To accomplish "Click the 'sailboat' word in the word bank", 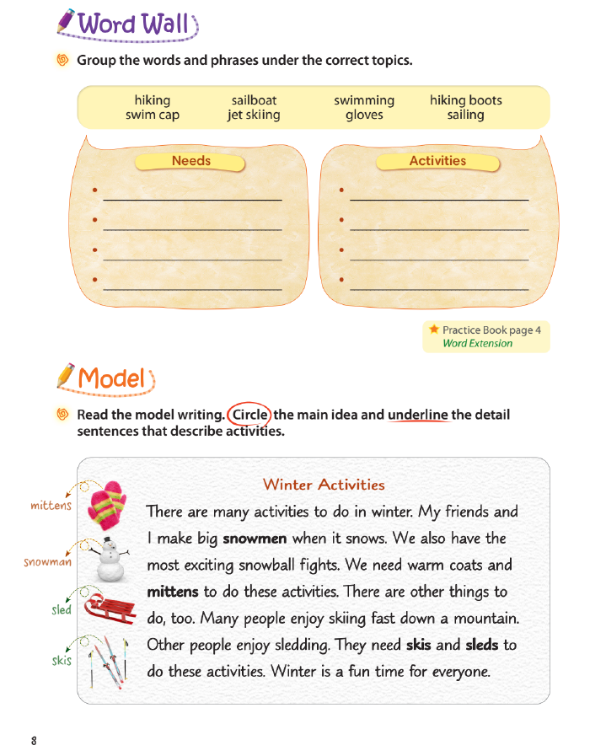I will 254,100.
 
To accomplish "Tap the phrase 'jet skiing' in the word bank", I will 254,115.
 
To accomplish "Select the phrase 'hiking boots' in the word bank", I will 465,100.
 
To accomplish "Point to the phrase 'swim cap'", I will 153,115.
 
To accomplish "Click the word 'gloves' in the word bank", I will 364,115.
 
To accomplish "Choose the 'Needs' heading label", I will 191,161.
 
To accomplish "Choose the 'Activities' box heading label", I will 437,161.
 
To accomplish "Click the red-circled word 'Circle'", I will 249,415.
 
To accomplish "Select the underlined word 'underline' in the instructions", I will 417,415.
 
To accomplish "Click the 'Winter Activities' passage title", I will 324,485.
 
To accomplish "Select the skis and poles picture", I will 107,659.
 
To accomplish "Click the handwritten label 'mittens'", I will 51,507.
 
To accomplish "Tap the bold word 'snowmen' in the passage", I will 255,539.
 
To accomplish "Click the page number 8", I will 34,741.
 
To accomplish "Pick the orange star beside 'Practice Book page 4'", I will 433,330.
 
